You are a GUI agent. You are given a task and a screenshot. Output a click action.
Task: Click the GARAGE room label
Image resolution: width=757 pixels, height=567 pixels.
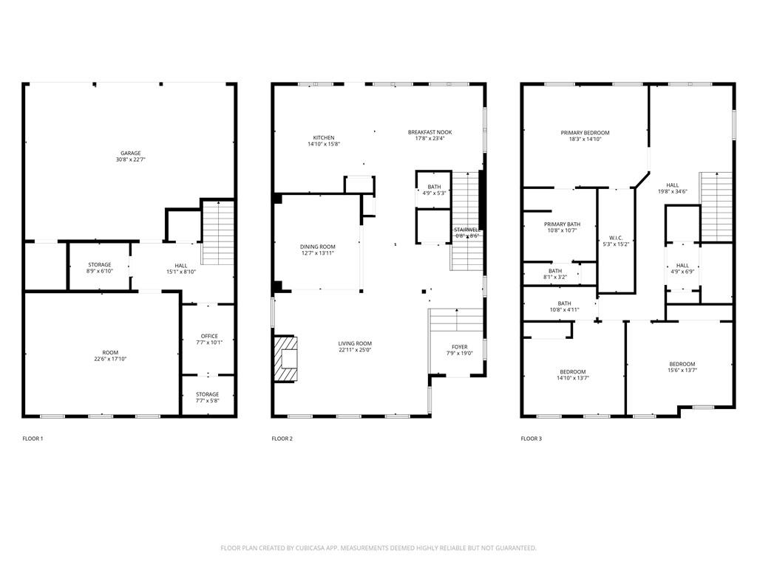(x=131, y=153)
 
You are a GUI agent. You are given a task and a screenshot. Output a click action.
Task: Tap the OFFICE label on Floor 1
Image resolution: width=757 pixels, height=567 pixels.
(x=209, y=337)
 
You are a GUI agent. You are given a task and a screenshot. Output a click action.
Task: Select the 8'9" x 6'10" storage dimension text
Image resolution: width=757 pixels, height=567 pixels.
(x=100, y=271)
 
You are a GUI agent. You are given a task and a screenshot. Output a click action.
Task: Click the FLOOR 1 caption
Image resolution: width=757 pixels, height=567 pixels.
(x=33, y=439)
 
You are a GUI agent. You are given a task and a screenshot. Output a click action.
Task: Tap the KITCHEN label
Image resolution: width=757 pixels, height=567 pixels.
(x=324, y=137)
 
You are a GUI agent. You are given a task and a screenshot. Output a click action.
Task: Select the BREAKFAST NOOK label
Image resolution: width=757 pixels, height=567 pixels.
(x=430, y=132)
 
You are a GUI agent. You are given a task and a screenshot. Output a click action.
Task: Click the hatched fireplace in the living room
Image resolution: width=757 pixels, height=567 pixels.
(x=288, y=360)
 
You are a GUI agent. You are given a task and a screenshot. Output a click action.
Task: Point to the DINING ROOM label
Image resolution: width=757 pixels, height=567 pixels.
(x=317, y=247)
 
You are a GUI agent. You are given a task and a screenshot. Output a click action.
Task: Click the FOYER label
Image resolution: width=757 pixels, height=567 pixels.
(x=460, y=346)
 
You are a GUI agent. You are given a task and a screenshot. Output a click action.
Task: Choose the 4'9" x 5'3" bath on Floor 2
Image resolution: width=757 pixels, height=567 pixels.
(x=434, y=190)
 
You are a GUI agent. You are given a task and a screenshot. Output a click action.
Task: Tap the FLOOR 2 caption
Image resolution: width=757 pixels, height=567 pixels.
(x=282, y=439)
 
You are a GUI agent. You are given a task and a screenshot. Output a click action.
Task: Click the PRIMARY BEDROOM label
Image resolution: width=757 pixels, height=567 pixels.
(x=585, y=133)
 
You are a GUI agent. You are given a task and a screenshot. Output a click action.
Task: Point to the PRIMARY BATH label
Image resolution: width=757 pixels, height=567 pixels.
(x=562, y=224)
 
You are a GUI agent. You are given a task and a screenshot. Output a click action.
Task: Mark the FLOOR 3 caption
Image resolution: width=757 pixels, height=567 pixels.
(x=532, y=439)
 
